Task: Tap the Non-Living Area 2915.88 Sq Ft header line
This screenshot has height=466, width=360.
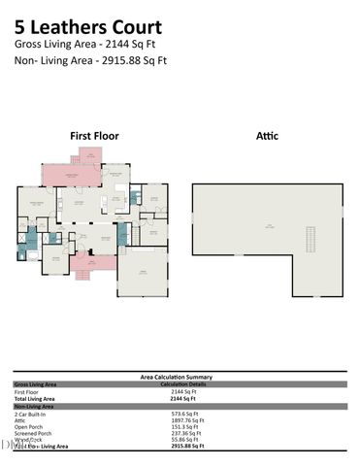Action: (x=91, y=60)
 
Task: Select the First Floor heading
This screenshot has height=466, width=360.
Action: (x=93, y=136)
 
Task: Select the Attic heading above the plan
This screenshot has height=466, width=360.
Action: (x=267, y=136)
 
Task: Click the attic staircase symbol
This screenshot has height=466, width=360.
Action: (x=311, y=239)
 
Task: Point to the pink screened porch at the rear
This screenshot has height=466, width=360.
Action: (x=71, y=176)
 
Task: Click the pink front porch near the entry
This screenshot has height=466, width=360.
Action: (x=92, y=261)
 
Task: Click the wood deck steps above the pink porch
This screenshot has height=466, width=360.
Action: (x=88, y=155)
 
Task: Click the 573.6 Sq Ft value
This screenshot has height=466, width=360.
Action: (x=184, y=414)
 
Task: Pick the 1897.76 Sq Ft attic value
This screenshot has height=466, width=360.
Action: (x=186, y=420)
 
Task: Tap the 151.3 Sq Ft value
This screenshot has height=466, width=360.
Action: (x=183, y=427)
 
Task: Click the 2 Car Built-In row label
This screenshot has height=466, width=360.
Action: (x=30, y=414)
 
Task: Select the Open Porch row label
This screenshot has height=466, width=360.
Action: (x=27, y=427)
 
